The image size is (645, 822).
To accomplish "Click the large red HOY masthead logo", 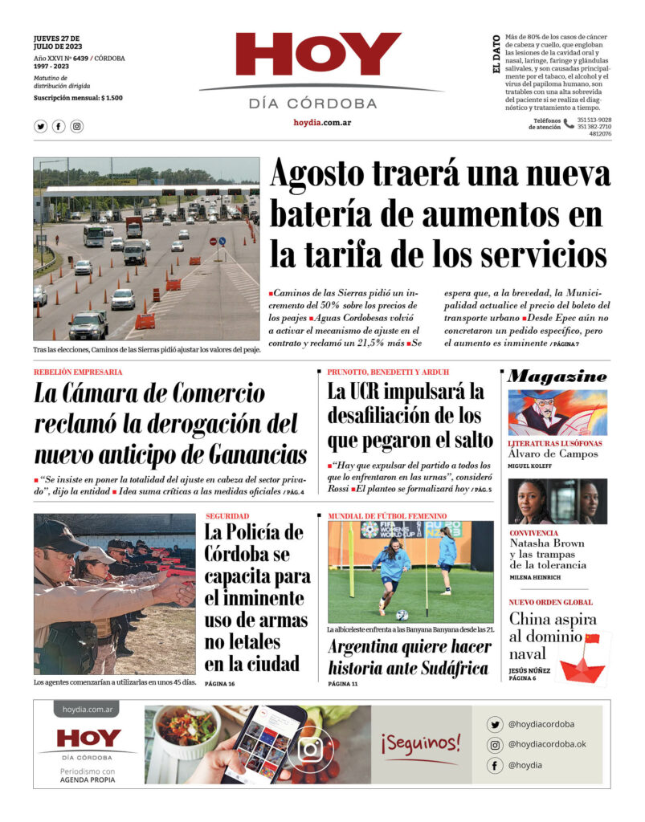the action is [318, 54].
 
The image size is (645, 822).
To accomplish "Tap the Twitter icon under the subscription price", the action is [41, 126].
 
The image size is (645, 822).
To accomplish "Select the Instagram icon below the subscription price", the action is [76, 126].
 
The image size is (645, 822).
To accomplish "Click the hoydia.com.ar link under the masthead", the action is [321, 123].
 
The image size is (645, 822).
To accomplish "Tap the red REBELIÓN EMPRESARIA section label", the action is [78, 372].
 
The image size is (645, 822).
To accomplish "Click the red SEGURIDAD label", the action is [227, 516].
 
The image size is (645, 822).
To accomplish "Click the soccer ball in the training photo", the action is [402, 614].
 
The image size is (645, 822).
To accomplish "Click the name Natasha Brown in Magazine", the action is [546, 543].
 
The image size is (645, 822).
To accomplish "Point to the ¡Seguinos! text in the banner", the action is [421, 743].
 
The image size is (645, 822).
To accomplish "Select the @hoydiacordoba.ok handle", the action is [547, 744].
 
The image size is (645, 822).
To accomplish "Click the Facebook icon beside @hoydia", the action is [496, 765].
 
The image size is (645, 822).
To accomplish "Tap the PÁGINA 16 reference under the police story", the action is [219, 683].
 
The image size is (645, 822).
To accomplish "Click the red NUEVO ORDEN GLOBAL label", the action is [551, 602].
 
